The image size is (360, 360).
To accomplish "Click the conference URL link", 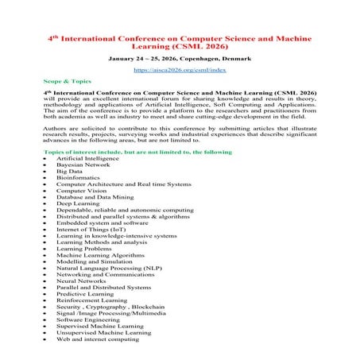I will coord(180,70).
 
